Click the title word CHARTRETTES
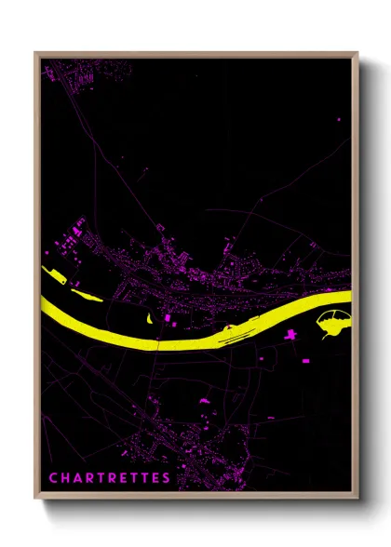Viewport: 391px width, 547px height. pos(109,478)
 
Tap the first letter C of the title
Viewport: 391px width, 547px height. pos(52,478)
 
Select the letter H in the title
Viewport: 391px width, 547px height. pos(63,478)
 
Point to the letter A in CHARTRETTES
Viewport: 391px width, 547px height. pos(75,478)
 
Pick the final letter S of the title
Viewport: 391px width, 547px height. pos(167,478)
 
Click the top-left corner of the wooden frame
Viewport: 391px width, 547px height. pos(35,53)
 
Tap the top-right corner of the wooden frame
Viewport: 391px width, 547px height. pos(357,53)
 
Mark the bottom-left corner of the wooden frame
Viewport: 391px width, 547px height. pos(35,500)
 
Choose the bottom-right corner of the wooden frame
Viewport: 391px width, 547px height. pos(357,500)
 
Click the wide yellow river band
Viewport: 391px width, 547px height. pos(186,335)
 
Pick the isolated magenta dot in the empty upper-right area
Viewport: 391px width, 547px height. pos(338,120)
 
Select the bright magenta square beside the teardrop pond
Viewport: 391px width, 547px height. pos(169,319)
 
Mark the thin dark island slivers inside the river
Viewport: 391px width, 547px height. pos(233,331)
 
